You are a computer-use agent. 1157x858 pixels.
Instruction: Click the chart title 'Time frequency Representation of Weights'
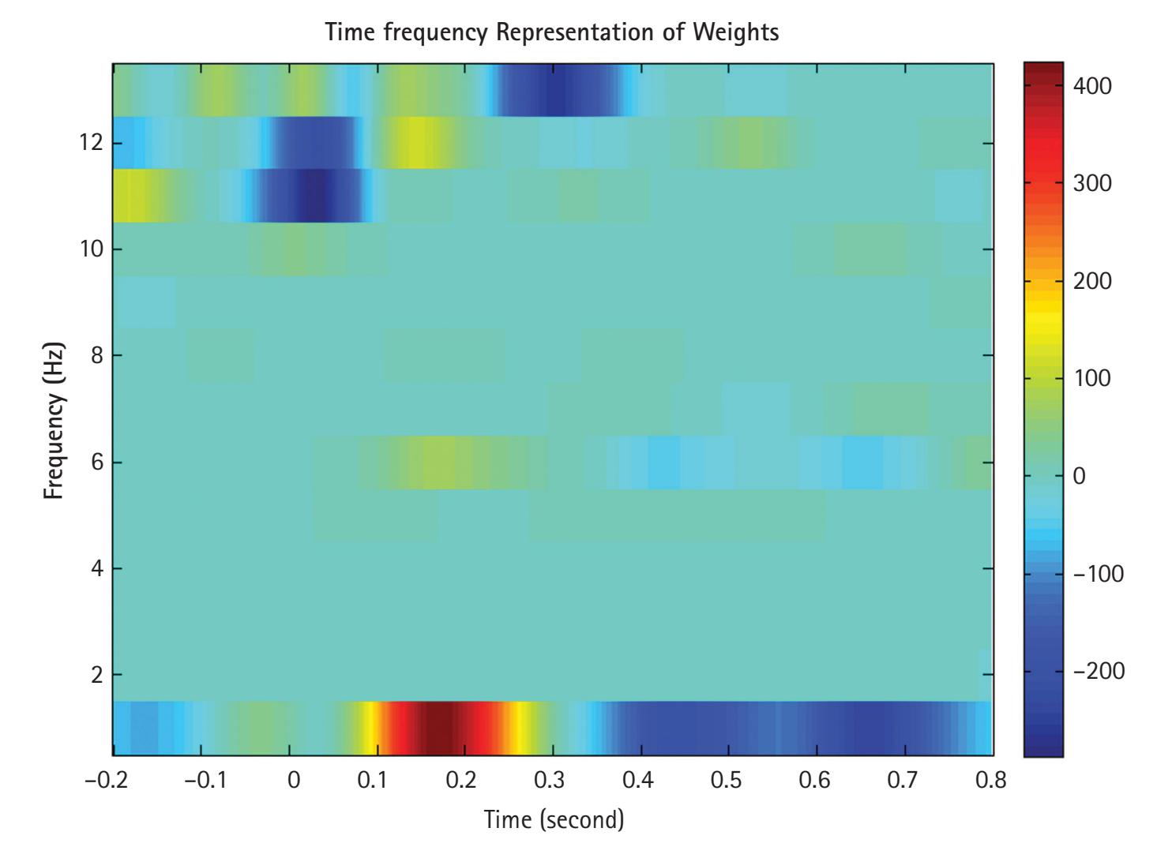point(552,32)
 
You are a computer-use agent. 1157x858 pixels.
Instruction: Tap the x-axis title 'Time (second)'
point(554,819)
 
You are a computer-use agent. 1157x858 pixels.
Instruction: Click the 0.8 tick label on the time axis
point(991,781)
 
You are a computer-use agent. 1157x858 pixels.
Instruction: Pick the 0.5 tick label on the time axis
point(727,781)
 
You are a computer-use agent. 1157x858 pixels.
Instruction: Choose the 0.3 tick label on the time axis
point(550,781)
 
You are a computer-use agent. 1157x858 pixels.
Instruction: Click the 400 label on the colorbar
point(1092,86)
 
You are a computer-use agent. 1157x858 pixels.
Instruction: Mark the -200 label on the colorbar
point(1098,671)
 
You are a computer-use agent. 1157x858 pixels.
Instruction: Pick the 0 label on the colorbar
point(1079,476)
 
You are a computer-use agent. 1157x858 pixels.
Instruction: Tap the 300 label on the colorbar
point(1092,183)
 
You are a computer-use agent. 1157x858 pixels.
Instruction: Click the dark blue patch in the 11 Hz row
point(312,195)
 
